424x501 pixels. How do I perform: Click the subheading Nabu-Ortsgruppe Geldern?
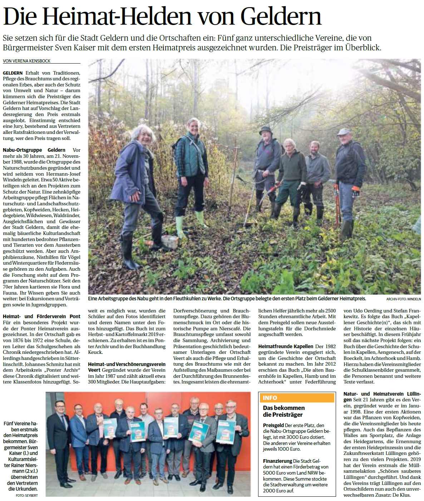click(x=34, y=150)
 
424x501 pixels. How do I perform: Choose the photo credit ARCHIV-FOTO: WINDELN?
click(x=404, y=299)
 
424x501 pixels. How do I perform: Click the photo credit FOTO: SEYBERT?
click(x=27, y=496)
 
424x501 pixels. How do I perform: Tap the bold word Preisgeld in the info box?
click(x=273, y=425)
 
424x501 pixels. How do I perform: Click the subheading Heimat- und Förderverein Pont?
click(x=42, y=316)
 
